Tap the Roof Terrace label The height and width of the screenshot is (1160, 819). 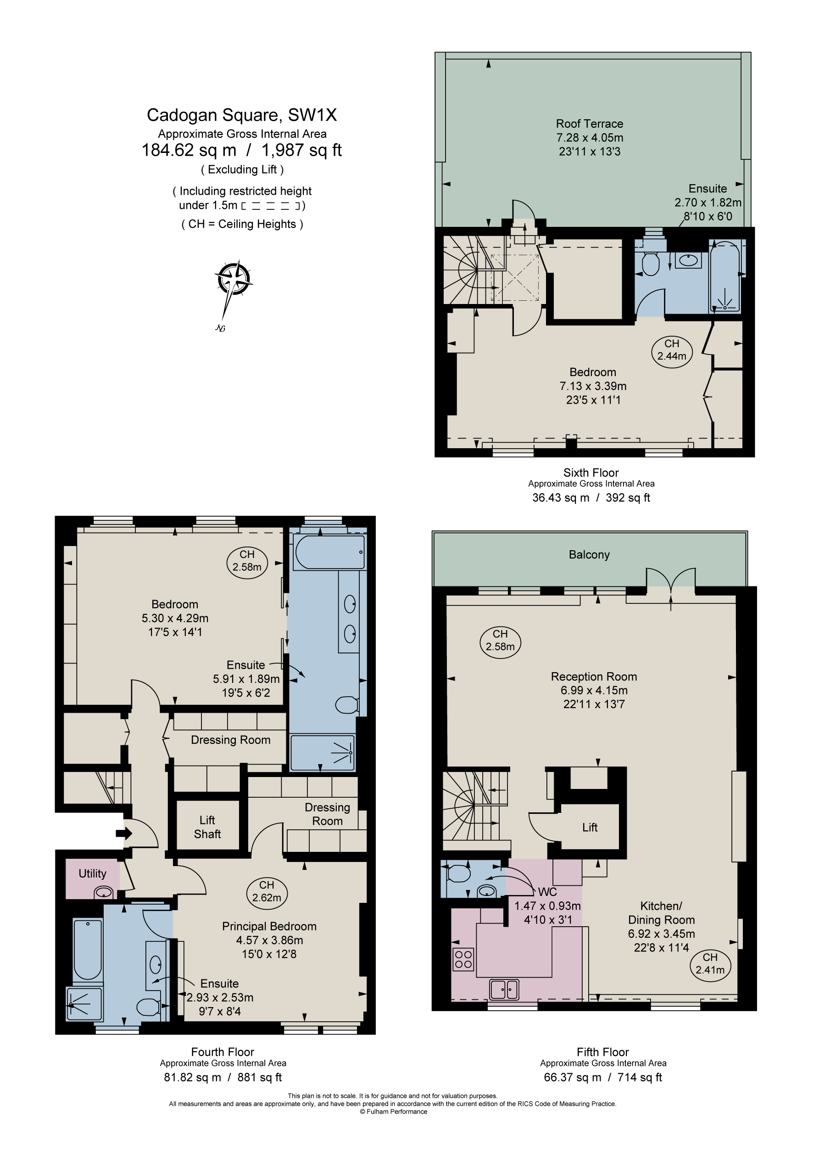tap(589, 124)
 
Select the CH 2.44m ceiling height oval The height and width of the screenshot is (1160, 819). tap(672, 349)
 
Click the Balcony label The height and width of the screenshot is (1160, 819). tap(589, 555)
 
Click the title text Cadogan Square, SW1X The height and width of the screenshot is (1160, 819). tap(242, 115)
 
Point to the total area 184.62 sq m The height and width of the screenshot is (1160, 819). tap(189, 150)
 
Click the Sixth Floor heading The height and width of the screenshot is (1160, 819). tap(591, 473)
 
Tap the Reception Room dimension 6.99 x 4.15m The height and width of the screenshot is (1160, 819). tap(594, 690)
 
